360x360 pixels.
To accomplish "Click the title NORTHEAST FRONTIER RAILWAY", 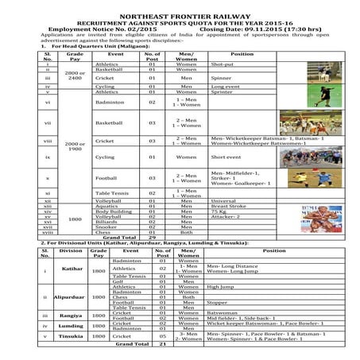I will (180, 7).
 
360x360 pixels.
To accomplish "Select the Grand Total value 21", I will (162, 345).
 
